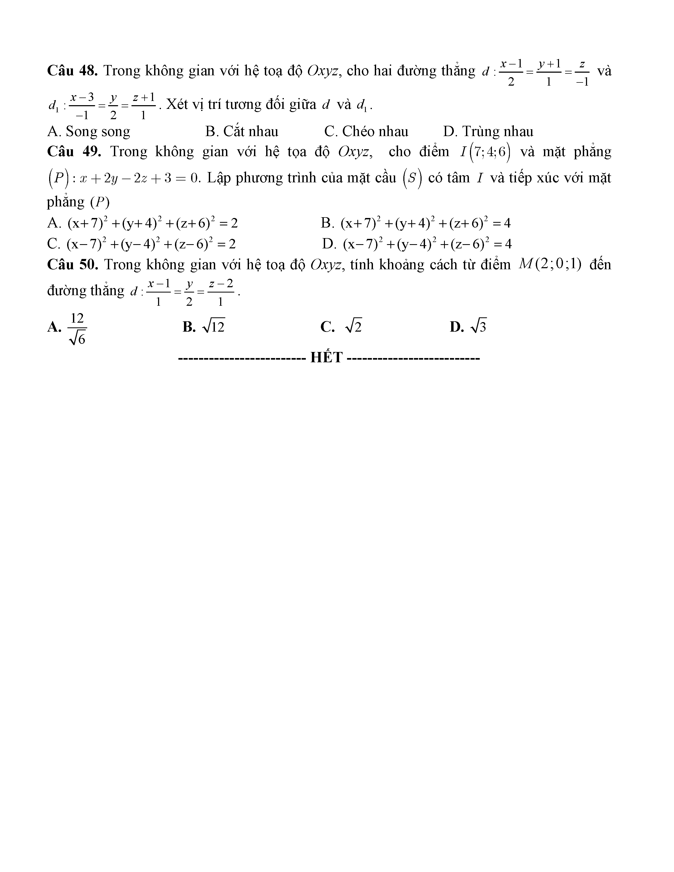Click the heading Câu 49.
pos(74,152)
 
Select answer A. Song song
pos(89,131)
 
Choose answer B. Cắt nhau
pos(242,131)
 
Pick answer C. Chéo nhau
pos(366,131)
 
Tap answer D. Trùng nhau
pos(488,131)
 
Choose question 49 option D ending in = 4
pos(427,244)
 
